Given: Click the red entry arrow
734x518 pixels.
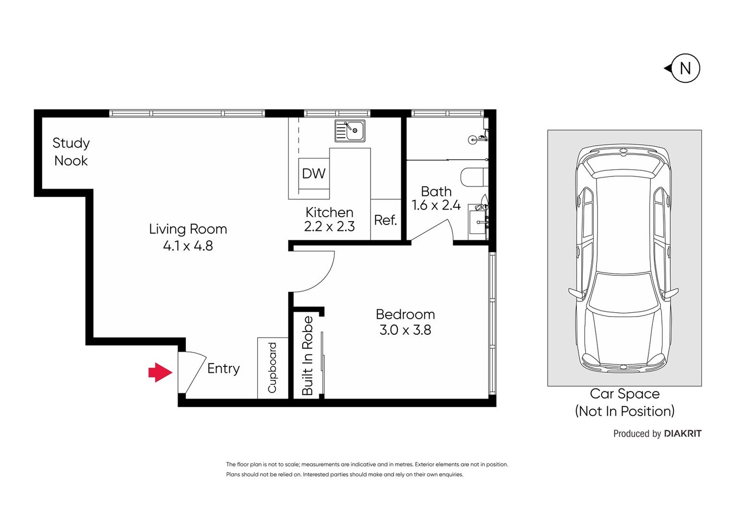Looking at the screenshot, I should tap(160, 372).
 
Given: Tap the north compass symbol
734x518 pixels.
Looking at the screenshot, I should tap(684, 69).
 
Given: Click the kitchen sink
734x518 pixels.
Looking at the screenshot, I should tap(350, 131).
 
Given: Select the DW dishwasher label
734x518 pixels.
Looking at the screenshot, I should tap(314, 174).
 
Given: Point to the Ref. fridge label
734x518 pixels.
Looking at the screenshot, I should tap(385, 220).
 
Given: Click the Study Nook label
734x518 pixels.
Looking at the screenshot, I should tap(71, 152).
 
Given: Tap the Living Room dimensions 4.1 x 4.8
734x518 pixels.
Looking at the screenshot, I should tap(188, 246).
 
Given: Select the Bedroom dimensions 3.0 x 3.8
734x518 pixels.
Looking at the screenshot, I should tap(405, 330).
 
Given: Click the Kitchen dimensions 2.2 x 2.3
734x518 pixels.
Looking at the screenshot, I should tap(330, 226).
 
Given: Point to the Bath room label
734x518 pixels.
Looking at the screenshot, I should tap(436, 191).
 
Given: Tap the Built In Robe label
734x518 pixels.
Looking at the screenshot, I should tap(307, 355).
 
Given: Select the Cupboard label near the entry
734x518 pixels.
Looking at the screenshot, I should tap(272, 368).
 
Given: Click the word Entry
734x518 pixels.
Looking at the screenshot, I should tap(223, 368).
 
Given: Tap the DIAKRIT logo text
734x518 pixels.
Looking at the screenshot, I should tap(682, 434).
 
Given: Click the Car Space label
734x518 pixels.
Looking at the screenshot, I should tap(624, 394).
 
